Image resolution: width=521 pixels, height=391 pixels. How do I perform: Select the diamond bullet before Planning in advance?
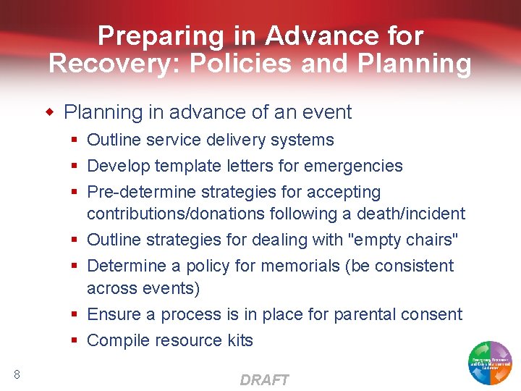[x=51, y=112]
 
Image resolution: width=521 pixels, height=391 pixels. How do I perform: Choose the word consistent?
[x=413, y=266]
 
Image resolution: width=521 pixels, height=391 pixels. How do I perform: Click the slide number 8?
[x=17, y=374]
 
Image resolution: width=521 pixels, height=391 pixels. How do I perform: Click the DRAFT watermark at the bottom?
[x=264, y=380]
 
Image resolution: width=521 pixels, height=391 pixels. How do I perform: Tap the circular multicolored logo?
[x=491, y=361]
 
